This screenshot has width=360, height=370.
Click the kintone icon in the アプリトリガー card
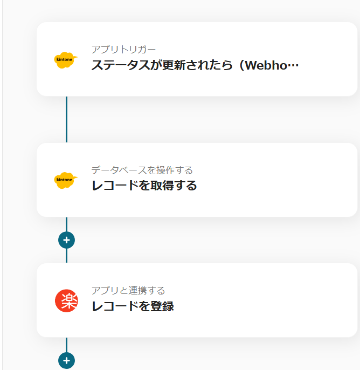tap(66, 59)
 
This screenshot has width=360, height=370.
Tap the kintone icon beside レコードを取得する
tap(66, 180)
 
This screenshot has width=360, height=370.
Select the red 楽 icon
tap(66, 300)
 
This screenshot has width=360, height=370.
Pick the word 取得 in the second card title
tap(166, 186)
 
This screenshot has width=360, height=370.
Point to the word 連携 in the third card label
tap(142, 291)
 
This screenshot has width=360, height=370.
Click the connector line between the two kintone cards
tap(66, 119)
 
